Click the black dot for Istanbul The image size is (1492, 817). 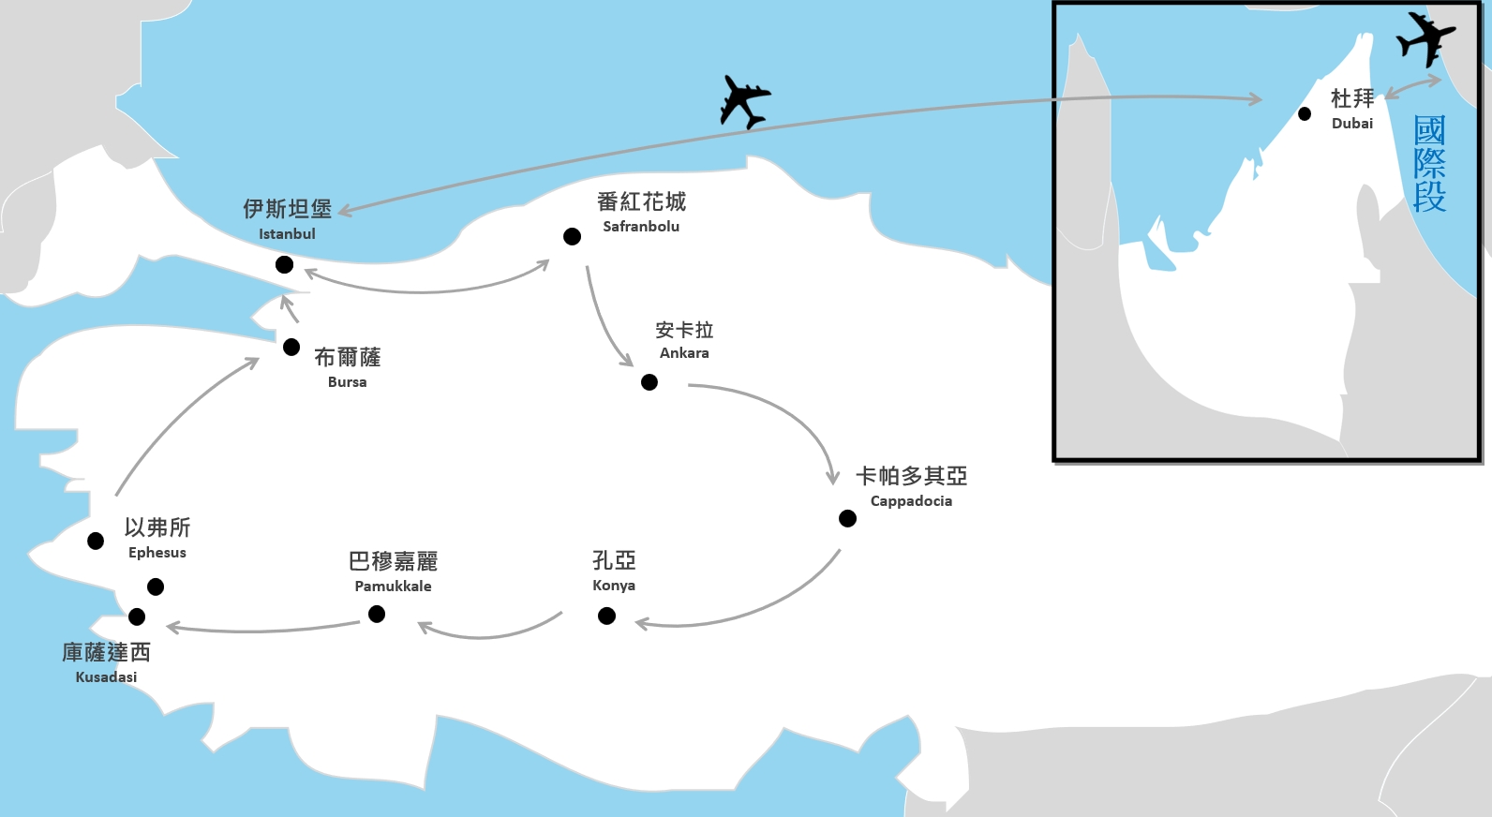coord(285,265)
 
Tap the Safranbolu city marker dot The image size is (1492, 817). coord(572,237)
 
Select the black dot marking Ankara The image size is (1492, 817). coord(649,382)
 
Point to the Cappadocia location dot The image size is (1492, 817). coord(847,518)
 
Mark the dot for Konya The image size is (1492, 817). coord(606,616)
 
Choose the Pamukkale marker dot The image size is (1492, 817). coord(377,614)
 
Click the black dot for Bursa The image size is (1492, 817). coord(291,348)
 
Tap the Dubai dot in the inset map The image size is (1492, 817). coord(1305,114)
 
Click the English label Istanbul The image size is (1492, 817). coord(287,234)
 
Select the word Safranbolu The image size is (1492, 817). coord(641,227)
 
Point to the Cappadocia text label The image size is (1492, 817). coord(911,501)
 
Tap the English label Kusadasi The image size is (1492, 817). coord(106,677)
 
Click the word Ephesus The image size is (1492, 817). coord(157,553)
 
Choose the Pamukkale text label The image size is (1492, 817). coord(393,587)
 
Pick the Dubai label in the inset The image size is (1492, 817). coord(1352,124)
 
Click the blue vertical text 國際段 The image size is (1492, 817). coord(1429,164)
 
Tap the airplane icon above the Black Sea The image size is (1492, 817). coord(745,100)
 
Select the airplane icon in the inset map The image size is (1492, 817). coord(1425,39)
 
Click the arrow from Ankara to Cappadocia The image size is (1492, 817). coord(787,412)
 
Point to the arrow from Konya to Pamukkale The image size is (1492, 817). coord(487,634)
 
